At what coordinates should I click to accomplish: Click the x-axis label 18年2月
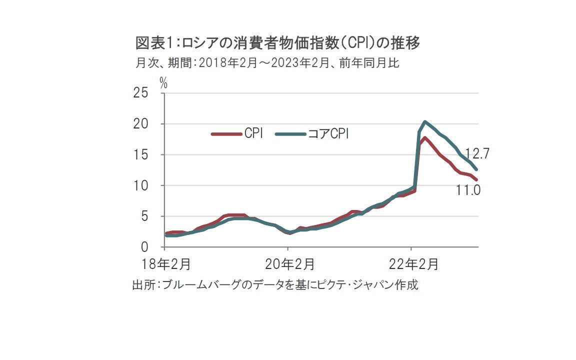[164, 264]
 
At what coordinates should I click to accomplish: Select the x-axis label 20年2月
[288, 264]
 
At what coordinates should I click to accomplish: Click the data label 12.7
[476, 153]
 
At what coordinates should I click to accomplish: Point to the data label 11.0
[468, 190]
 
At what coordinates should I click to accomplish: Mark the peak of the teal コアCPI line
[424, 121]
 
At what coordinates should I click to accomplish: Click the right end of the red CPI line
[476, 179]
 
